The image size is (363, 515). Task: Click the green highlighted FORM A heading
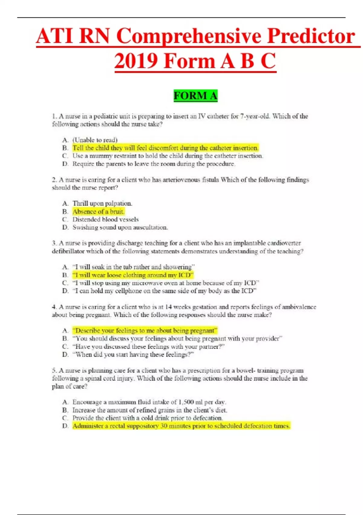[195, 96]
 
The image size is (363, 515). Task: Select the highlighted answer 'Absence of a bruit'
[98, 211]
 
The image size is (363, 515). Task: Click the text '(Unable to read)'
[95, 140]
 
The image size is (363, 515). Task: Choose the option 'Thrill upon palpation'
[102, 203]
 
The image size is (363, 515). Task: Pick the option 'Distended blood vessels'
[105, 219]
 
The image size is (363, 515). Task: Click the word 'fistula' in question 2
[208, 180]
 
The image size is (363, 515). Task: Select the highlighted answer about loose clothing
[132, 275]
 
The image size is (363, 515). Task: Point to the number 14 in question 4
[168, 307]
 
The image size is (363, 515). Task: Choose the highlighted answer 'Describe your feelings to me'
[145, 331]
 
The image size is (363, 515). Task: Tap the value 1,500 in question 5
[186, 402]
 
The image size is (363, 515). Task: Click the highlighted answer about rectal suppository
[181, 426]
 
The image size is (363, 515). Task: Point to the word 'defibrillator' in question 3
[68, 251]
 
